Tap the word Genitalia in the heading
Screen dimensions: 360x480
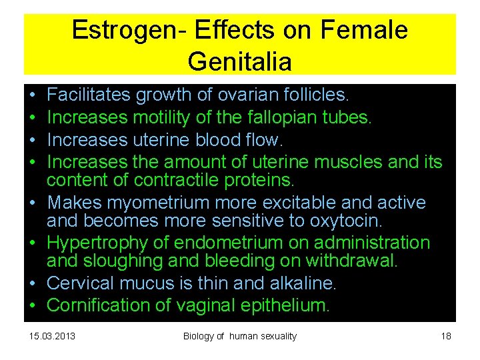pyautogui.click(x=239, y=61)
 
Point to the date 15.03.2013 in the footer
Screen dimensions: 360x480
pyautogui.click(x=53, y=336)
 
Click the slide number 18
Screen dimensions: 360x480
pyautogui.click(x=446, y=336)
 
